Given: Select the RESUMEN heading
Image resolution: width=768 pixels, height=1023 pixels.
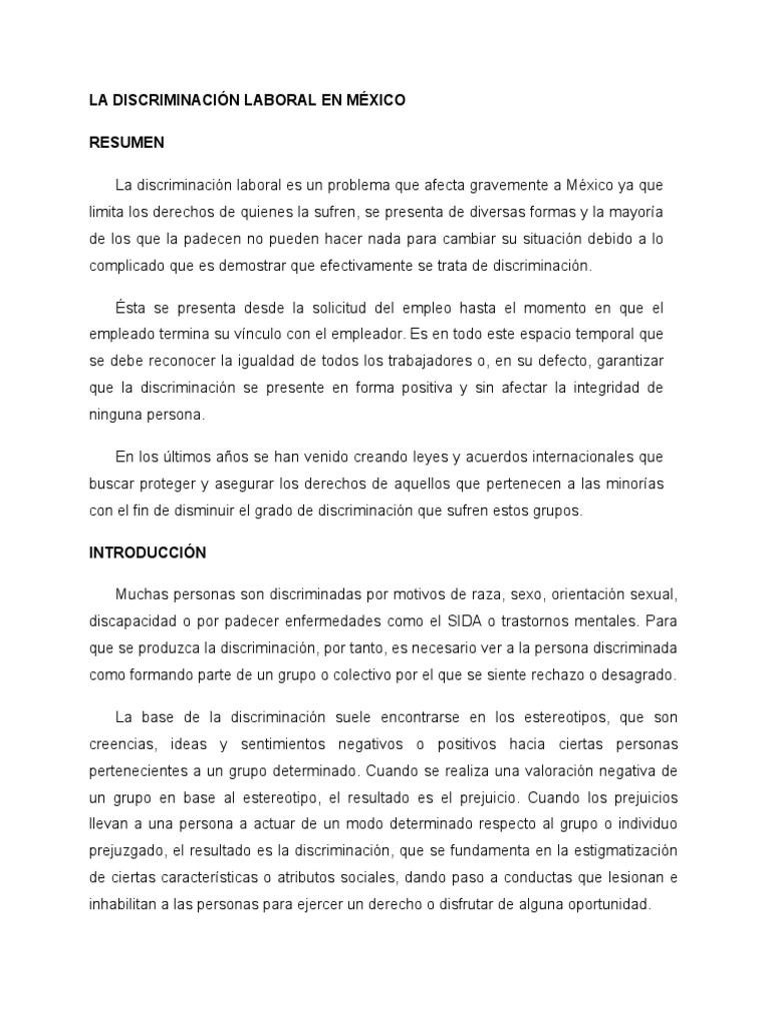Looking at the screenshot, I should point(127,144).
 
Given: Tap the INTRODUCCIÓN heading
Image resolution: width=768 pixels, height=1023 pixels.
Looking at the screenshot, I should point(147,551).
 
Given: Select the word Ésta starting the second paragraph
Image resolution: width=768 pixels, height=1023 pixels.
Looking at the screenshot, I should point(133,308).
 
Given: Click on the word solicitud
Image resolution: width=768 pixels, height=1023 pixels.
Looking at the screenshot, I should point(334,308).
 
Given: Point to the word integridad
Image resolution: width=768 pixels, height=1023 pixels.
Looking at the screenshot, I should point(598,387).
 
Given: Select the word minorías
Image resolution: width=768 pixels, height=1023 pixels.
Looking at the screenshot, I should point(632,483).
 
